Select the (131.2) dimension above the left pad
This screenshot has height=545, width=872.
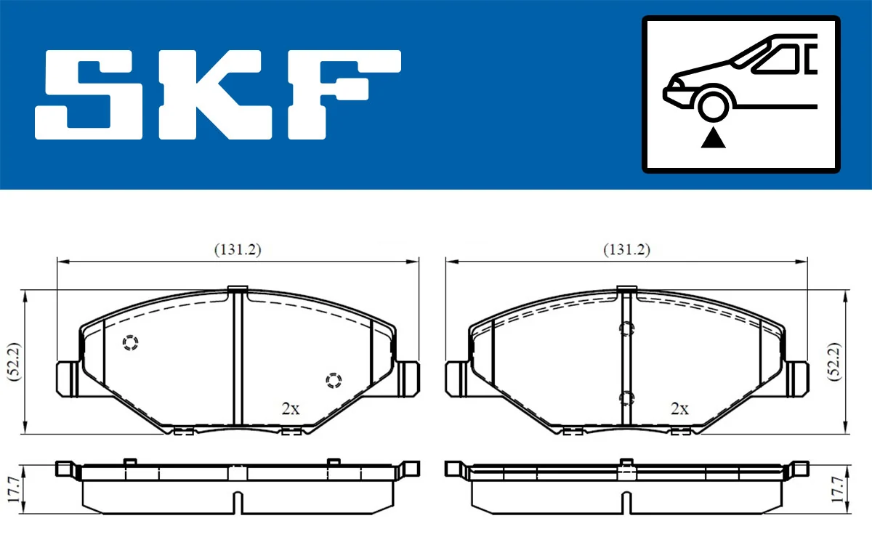coord(238,249)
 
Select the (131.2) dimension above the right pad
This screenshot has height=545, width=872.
coord(627,249)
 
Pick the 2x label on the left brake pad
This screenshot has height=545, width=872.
coord(291,408)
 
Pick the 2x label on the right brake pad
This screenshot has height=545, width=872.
coord(680,408)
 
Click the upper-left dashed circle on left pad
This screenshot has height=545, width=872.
coord(130,343)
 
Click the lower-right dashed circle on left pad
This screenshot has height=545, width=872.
coord(333,380)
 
